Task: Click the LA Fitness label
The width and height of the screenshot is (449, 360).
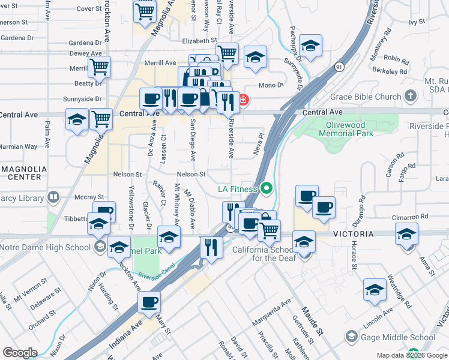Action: (237, 189)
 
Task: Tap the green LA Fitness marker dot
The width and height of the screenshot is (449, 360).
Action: (268, 190)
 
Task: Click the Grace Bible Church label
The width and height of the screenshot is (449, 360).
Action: (366, 97)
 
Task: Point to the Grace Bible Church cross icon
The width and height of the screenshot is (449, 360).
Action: (411, 96)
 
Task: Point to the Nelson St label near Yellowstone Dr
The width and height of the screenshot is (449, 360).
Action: (127, 175)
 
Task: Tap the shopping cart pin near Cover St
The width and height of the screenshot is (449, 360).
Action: (145, 11)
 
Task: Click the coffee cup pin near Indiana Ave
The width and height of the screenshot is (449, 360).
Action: (149, 303)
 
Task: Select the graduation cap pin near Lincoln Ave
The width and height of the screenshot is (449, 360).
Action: (375, 290)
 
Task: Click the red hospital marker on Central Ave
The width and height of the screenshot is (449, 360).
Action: (244, 100)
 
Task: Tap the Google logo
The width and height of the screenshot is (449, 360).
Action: (20, 353)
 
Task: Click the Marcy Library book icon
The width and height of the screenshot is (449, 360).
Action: (53, 197)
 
